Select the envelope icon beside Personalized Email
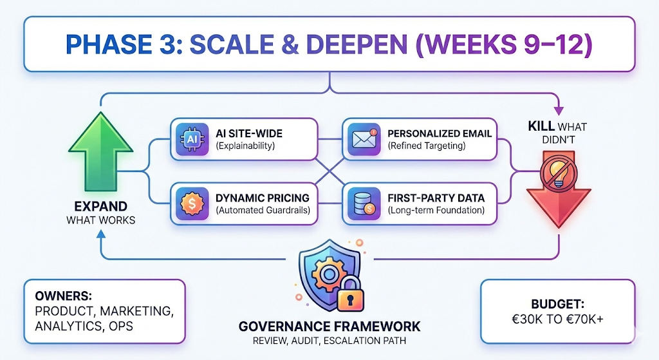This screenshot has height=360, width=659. coord(363,139)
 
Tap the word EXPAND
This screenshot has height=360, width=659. coord(96,207)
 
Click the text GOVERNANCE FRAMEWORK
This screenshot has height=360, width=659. coord(329,326)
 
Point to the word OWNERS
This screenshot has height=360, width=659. coord(63,297)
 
